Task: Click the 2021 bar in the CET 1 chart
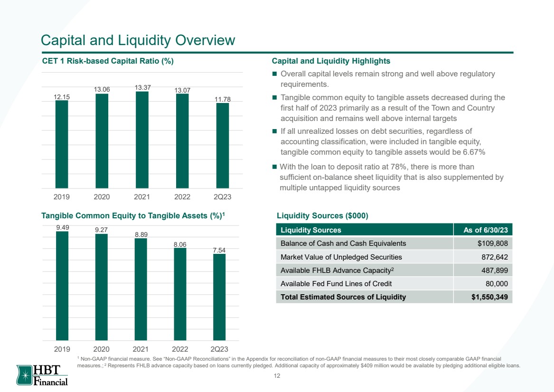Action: tap(142, 140)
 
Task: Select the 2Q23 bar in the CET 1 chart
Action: tap(223, 146)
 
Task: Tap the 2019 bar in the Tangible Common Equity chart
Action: tap(62, 286)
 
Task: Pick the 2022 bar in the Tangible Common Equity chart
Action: tap(180, 294)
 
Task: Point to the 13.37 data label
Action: tap(142, 87)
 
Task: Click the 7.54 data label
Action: tap(219, 250)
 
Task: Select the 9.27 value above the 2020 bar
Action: tap(102, 230)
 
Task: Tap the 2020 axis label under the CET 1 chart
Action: tap(102, 196)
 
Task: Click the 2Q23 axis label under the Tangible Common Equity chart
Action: tap(219, 349)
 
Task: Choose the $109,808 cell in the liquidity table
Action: tap(492, 243)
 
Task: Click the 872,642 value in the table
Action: tap(495, 257)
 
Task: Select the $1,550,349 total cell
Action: tap(490, 297)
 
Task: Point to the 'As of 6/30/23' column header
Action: tap(486, 230)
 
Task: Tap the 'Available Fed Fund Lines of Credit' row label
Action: tap(336, 284)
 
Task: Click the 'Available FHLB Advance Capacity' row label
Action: tap(337, 271)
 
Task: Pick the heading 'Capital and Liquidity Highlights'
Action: tap(331, 61)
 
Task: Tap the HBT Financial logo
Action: tap(42, 375)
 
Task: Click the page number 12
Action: tap(277, 376)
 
